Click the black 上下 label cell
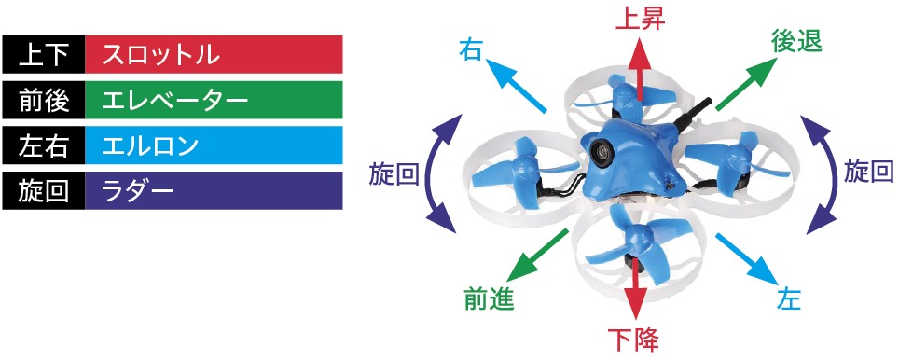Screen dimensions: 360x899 (44, 55)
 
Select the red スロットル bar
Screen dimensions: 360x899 (214, 55)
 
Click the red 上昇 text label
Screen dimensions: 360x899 (639, 20)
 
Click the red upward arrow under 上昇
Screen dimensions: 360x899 (639, 69)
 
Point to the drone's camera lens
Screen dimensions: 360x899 (603, 149)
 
